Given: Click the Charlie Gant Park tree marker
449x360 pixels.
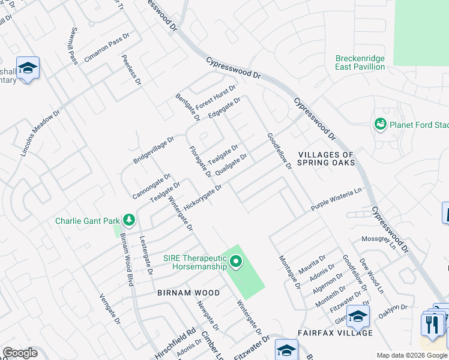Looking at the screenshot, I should (128, 220).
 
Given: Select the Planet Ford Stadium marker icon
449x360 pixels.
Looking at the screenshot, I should (379, 124).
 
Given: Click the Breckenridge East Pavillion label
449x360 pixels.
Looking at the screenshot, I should (360, 62).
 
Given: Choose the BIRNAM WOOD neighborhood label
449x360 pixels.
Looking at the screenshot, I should (180, 293).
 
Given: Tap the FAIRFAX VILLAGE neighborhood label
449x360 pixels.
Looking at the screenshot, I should (335, 332).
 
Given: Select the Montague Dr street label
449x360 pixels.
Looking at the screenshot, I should (289, 272).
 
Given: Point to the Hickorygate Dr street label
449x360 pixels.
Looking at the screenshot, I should (203, 197).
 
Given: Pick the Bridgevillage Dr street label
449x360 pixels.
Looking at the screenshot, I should (153, 150).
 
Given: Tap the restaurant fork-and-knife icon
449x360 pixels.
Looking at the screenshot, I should (432, 325).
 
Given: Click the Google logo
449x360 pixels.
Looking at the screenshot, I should (20, 353).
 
